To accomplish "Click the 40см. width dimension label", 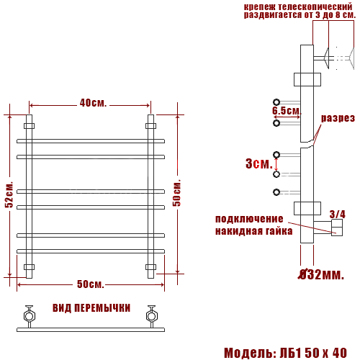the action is coord(93,103).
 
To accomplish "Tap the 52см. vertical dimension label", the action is coord(9,194).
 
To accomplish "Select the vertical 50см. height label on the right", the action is coord(177,193).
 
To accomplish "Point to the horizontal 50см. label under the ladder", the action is coord(91,284).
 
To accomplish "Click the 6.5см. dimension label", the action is coord(287,111).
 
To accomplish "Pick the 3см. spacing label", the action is coord(259,163).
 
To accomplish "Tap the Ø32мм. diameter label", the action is coord(321,274).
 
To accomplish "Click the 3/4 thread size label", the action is coord(338,215).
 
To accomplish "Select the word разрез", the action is coord(338,118).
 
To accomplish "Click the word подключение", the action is coord(249,219).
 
